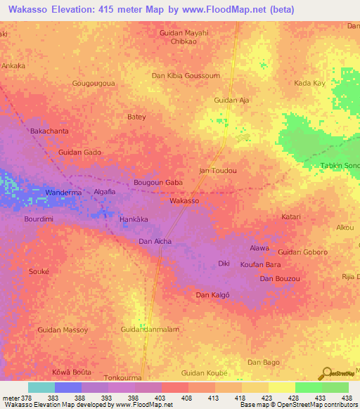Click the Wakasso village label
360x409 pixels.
pos(185,201)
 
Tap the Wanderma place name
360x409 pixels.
pos(63,193)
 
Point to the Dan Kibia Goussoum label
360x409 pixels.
pos(186,75)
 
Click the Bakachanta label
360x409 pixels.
pos(49,131)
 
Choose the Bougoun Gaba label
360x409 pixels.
pos(158,183)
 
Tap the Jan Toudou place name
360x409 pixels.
pos(218,171)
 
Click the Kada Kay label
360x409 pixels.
pos(310,83)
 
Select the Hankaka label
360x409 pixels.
pos(134,219)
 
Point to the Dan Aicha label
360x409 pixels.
pos(155,242)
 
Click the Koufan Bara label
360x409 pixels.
pos(260,265)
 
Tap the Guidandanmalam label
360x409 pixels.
pos(150,330)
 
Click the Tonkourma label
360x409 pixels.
pos(124,377)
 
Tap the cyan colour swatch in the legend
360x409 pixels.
pos(41,387)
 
